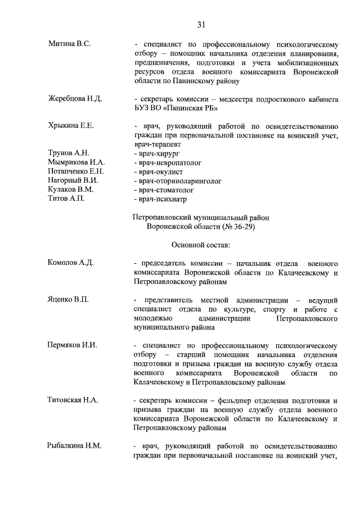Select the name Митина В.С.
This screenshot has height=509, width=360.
[69, 43]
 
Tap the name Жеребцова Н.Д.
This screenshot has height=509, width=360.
[75, 99]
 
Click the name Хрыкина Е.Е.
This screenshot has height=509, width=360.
[71, 125]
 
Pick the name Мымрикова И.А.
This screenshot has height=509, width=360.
[76, 163]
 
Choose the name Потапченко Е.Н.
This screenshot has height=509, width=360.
[76, 172]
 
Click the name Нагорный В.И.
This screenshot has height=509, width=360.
[73, 181]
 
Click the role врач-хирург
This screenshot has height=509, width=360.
[157, 153]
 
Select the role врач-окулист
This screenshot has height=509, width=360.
[160, 172]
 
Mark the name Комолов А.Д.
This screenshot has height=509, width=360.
[70, 263]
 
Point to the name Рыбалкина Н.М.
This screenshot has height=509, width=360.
[74, 446]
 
